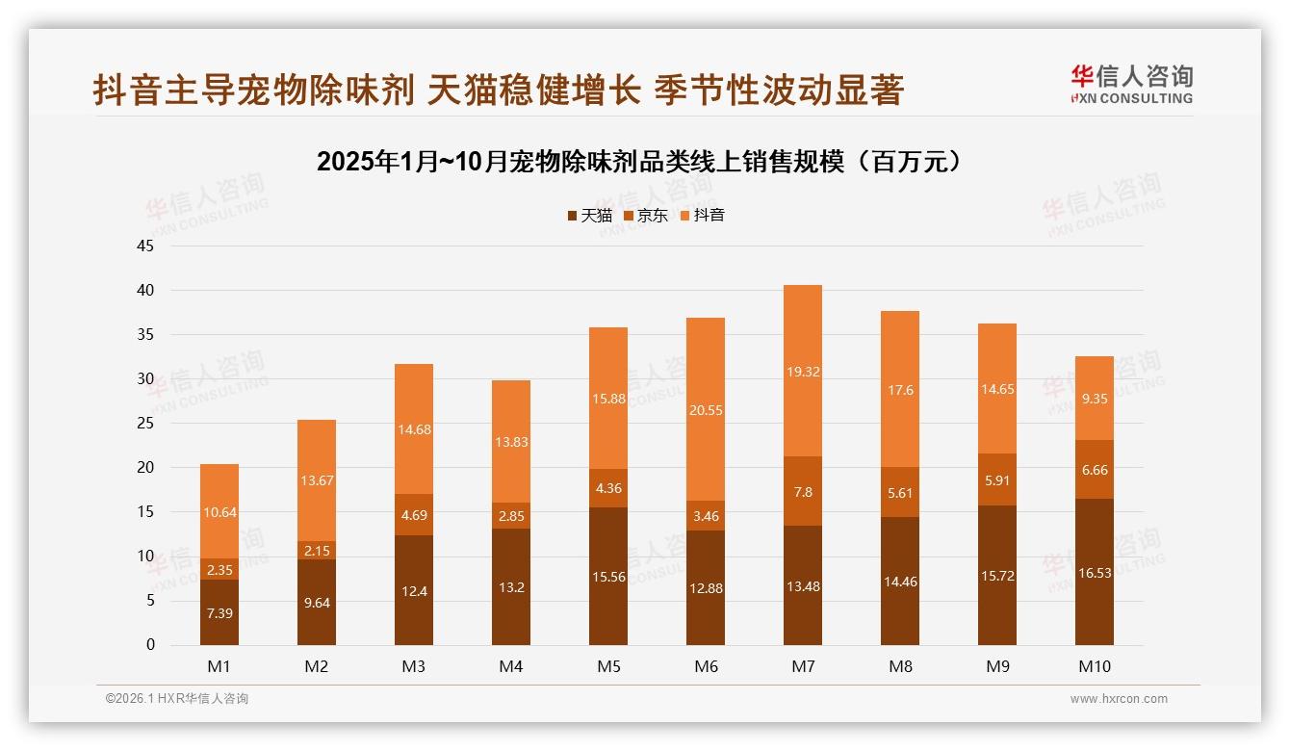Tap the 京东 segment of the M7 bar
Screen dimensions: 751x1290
(803, 491)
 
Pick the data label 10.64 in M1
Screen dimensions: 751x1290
(219, 512)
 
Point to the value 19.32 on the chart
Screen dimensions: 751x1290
(803, 371)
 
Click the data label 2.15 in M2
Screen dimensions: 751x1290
(317, 550)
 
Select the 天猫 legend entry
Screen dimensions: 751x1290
(589, 216)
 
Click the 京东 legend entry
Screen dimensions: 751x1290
(645, 216)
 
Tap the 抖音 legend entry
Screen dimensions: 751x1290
(702, 216)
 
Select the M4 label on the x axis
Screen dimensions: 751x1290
(511, 666)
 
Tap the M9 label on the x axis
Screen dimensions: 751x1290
(997, 666)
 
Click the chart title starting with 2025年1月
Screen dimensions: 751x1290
(640, 162)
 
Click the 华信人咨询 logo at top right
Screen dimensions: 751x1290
(1131, 84)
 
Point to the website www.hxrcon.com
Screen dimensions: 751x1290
(1119, 699)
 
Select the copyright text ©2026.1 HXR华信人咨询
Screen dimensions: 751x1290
(177, 699)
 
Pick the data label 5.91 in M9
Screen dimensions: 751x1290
(997, 479)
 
